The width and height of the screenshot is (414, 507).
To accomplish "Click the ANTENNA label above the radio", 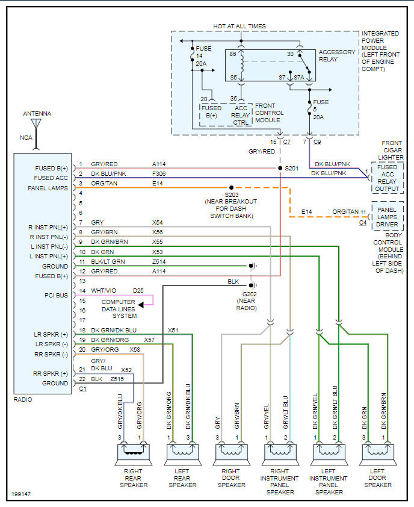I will (x=37, y=113).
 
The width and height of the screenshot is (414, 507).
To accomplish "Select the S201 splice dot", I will (x=280, y=168).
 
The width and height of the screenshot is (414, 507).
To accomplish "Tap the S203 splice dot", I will (x=232, y=188).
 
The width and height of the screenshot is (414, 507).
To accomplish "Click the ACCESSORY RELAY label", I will (x=337, y=56).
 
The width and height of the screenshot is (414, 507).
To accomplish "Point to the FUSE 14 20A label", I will (x=200, y=56).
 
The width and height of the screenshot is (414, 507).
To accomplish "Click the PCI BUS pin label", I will (x=57, y=294).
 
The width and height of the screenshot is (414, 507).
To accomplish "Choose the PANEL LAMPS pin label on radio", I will (x=48, y=188).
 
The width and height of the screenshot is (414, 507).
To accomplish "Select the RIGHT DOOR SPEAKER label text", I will (x=231, y=478).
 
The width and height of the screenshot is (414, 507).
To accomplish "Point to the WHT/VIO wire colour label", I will (x=103, y=291).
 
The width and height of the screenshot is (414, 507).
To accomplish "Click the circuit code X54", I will (x=158, y=223).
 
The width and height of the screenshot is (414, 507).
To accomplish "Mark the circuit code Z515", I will (x=117, y=379).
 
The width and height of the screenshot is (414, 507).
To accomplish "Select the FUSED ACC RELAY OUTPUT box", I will (x=388, y=178).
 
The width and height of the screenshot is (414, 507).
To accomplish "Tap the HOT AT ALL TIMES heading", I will (x=239, y=26).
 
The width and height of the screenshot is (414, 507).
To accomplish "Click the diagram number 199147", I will (x=22, y=494).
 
